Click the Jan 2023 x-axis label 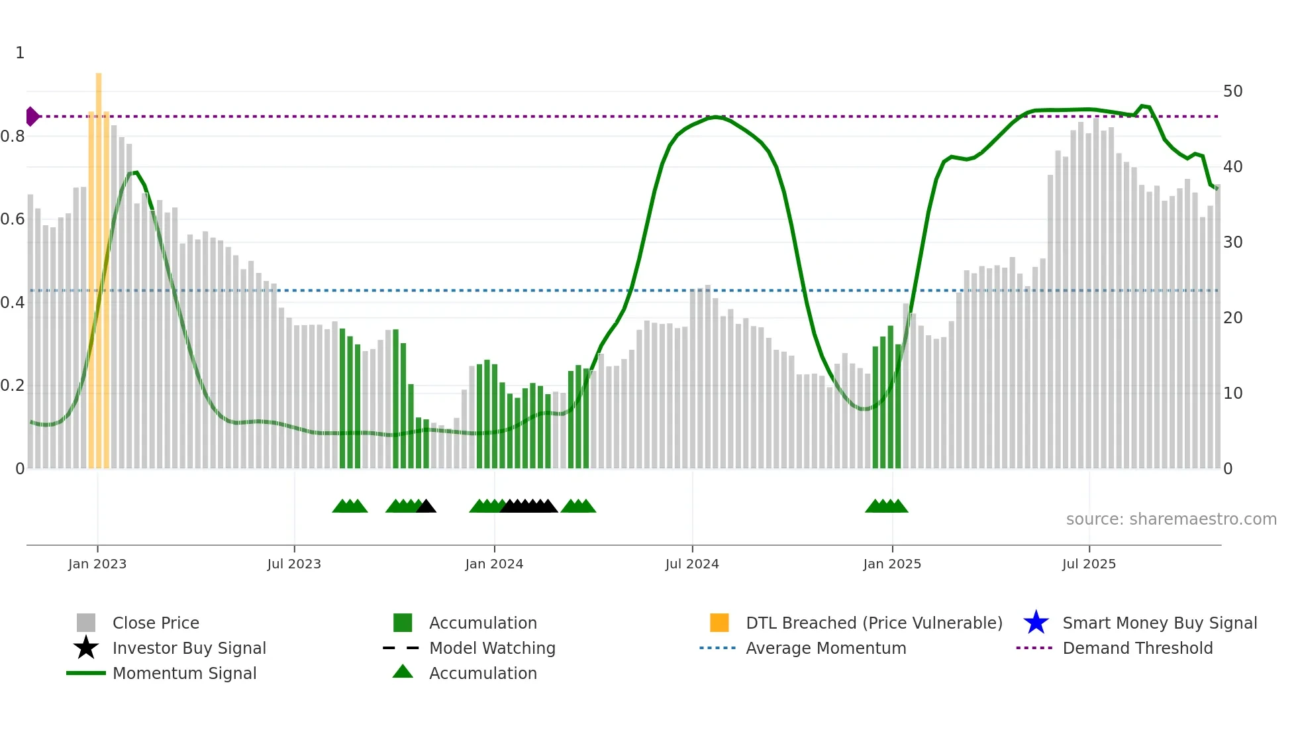click(x=97, y=564)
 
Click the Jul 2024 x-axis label click(x=692, y=564)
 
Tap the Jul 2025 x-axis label click(x=1089, y=564)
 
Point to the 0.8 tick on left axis click(x=13, y=136)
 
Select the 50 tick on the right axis click(x=1232, y=91)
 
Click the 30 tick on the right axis click(x=1232, y=242)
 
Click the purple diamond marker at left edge click(x=32, y=117)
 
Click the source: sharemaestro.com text click(x=1171, y=519)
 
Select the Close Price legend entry click(x=156, y=623)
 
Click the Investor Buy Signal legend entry click(x=189, y=648)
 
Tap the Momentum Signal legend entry click(x=184, y=673)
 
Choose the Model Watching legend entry click(x=492, y=648)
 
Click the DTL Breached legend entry click(x=874, y=623)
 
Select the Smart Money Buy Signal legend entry click(x=1159, y=623)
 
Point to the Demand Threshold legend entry click(x=1137, y=648)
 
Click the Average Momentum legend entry click(x=825, y=648)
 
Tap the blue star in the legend click(x=1036, y=623)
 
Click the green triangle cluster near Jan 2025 click(x=886, y=507)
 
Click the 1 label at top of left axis click(x=20, y=53)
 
